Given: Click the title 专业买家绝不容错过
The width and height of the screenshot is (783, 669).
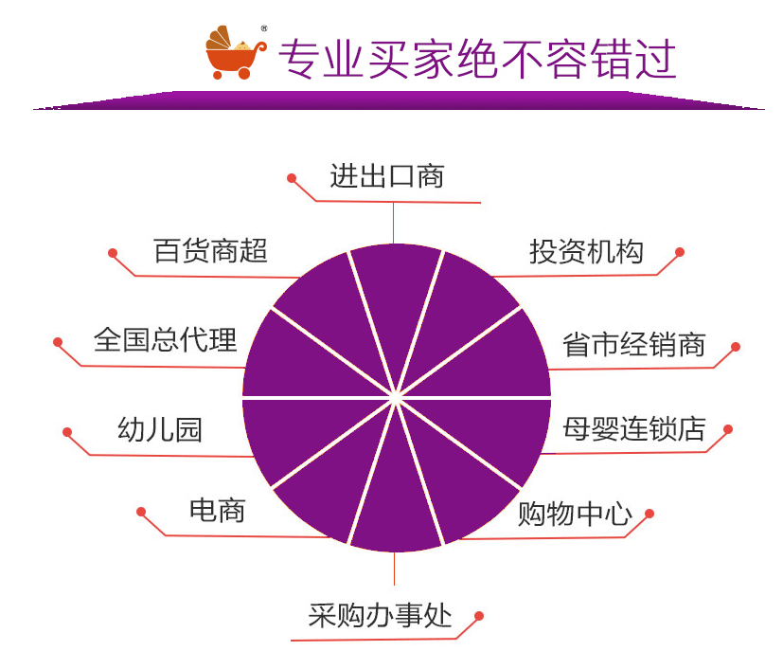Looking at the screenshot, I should [476, 59].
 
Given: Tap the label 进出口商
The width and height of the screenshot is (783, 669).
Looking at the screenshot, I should [386, 176].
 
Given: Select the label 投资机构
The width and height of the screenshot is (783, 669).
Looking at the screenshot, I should [586, 251].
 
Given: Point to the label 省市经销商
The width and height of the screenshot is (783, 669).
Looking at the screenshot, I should [633, 345].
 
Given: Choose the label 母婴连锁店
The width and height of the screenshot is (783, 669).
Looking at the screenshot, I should [633, 428].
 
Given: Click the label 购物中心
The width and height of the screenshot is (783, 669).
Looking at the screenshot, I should [574, 515].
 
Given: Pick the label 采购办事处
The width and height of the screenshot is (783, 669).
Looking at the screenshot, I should [380, 616].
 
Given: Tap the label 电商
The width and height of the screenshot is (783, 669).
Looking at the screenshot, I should [217, 511].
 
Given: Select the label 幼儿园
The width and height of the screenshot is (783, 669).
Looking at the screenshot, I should [159, 430].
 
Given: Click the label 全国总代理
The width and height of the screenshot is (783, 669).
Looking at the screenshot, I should [165, 339].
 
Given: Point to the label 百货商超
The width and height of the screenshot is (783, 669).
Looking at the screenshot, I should [210, 251].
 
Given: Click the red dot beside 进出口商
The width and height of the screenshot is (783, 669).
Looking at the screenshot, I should [292, 177].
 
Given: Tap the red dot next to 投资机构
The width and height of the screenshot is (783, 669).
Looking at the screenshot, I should [680, 252].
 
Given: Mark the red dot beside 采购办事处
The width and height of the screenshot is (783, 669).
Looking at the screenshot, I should [479, 616].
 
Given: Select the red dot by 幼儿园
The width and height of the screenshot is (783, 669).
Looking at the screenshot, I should [67, 432].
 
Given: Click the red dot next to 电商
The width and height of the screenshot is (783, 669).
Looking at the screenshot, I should [141, 512].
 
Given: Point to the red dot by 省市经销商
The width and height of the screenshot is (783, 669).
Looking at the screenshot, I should [736, 347].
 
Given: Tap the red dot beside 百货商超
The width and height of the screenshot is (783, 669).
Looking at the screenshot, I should [113, 253].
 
